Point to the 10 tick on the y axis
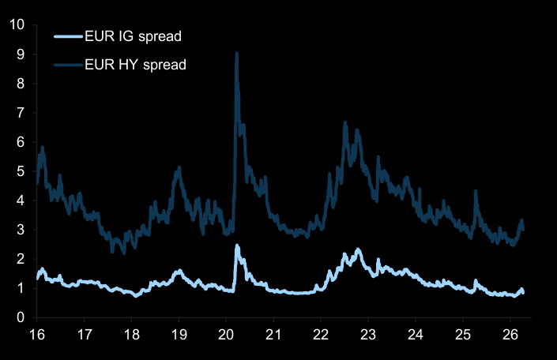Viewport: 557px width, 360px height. (17, 25)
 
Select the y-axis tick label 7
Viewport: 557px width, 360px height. (21, 113)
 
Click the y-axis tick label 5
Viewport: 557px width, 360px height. (21, 171)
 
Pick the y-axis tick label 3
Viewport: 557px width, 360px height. (21, 230)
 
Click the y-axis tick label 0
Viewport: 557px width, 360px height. (21, 317)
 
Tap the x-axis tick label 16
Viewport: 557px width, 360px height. (37, 334)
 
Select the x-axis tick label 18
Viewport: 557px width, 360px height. (132, 334)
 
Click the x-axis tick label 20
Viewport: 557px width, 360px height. (226, 334)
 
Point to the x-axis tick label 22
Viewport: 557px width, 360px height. (321, 334)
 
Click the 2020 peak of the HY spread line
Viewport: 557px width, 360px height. (236, 54)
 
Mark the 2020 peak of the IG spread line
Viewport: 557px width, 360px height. (237, 246)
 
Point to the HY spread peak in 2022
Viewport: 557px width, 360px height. (344, 123)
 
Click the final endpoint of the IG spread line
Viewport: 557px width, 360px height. (523, 293)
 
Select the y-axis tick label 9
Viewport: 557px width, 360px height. (21, 54)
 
